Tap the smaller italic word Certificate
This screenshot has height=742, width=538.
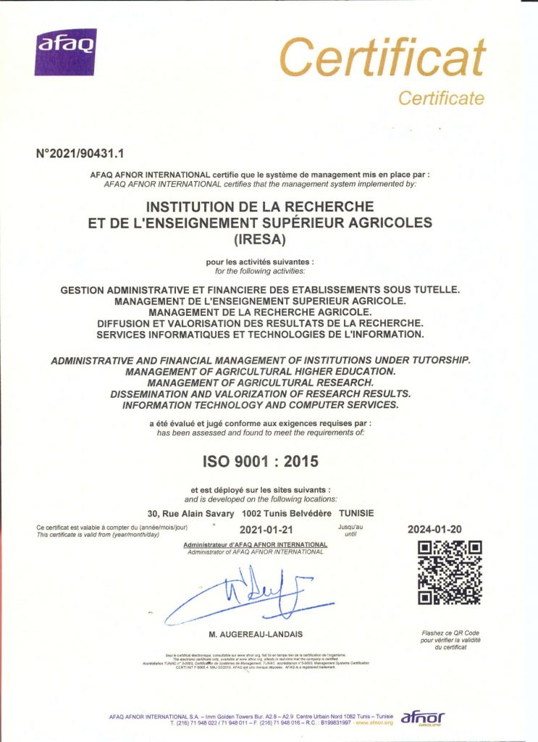pyautogui.click(x=441, y=98)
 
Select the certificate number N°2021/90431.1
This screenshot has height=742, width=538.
pyautogui.click(x=80, y=154)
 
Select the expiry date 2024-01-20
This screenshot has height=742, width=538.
pyautogui.click(x=435, y=529)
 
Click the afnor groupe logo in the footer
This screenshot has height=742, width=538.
pyautogui.click(x=423, y=717)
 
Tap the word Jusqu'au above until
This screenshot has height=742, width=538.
pyautogui.click(x=350, y=527)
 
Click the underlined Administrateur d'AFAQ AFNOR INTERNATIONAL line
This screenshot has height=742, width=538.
pyautogui.click(x=256, y=544)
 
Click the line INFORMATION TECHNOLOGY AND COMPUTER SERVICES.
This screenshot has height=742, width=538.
pyautogui.click(x=260, y=404)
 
